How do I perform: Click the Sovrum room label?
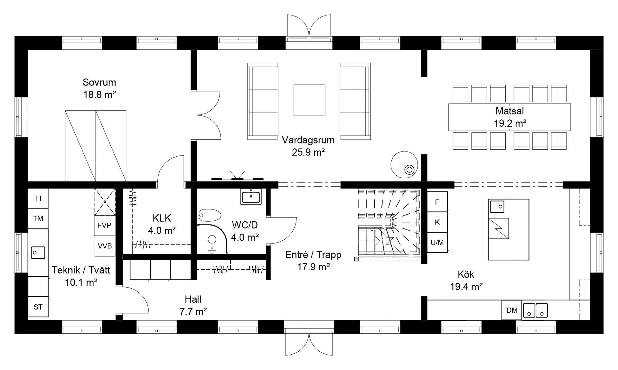pos(99,82)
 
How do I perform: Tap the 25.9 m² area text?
pos(308,152)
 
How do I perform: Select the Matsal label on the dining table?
pos(510,111)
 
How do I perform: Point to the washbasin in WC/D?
pos(251,196)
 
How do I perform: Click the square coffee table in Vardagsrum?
pos(309,100)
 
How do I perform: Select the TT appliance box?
pos(38,199)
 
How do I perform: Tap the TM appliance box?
pos(38,219)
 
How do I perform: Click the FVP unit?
pos(105,226)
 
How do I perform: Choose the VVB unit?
pos(105,246)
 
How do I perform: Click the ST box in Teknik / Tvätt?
pos(38,307)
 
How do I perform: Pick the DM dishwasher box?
pos(511,310)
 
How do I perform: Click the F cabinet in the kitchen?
pos(437,202)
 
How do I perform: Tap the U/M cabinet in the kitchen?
pos(437,243)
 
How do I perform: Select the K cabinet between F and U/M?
pos(437,222)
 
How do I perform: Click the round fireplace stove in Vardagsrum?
pos(404,164)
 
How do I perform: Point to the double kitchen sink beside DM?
pos(535,310)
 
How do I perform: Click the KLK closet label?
pos(162,218)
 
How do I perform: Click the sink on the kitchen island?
pos(497,206)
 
